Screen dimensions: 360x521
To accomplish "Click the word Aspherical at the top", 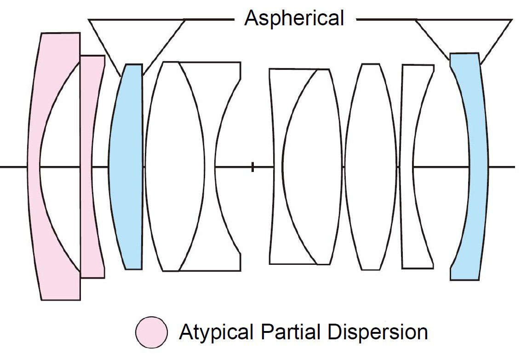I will click(x=294, y=18).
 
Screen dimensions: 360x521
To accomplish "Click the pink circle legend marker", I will click(x=151, y=331).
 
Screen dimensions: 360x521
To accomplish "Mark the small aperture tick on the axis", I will click(x=252, y=167).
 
